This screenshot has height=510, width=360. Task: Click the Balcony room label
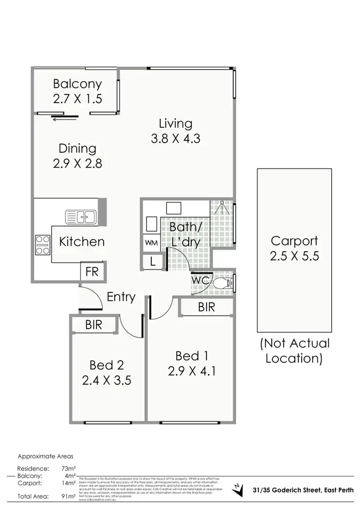point(77,84)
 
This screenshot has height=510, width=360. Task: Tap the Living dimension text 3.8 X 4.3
point(175,139)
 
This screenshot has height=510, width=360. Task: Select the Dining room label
point(77,148)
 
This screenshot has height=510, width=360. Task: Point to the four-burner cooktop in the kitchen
point(43,244)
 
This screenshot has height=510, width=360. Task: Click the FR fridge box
point(92,271)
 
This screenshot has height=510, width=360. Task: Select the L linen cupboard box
point(152,262)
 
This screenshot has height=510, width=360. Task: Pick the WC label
point(201,279)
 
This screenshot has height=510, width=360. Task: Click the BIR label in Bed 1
point(206,307)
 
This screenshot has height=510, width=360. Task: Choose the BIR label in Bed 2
point(94,325)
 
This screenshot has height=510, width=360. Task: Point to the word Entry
point(121,297)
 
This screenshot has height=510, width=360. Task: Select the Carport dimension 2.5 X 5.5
point(295,255)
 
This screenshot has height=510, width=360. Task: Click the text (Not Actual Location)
point(295,351)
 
